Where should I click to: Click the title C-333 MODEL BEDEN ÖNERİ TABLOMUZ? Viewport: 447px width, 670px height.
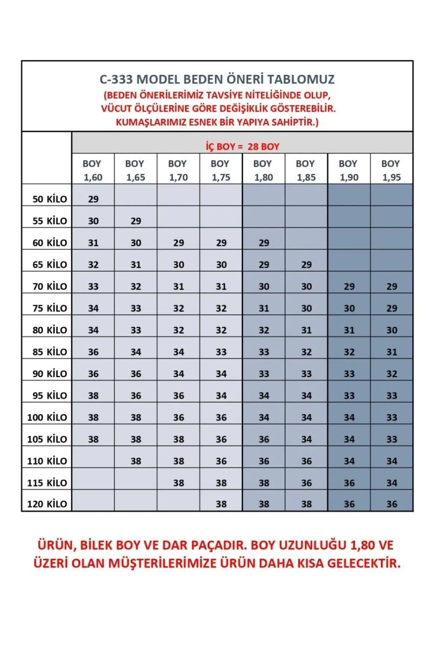217,79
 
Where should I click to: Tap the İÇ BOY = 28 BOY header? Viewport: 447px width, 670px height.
242,146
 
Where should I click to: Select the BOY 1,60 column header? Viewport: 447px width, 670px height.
93,170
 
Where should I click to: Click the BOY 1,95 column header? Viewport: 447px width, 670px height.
391,170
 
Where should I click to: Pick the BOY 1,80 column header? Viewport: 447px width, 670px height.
263,170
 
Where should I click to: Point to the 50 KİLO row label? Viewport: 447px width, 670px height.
50,199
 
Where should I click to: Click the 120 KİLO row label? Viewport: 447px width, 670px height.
47,504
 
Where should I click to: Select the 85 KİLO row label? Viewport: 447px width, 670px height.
50,352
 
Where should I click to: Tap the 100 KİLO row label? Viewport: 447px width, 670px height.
47,417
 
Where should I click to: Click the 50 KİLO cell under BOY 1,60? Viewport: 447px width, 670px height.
93,199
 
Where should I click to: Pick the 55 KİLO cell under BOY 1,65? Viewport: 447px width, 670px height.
136,221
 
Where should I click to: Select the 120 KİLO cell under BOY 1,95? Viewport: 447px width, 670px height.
391,504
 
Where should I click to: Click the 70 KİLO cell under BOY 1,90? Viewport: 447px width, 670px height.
349,286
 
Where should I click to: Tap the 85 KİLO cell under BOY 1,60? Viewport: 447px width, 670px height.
93,352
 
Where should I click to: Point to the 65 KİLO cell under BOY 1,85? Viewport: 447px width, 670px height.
306,265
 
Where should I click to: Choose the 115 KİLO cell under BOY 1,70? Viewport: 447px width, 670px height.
178,483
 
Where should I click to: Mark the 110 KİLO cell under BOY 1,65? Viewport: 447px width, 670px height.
136,461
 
